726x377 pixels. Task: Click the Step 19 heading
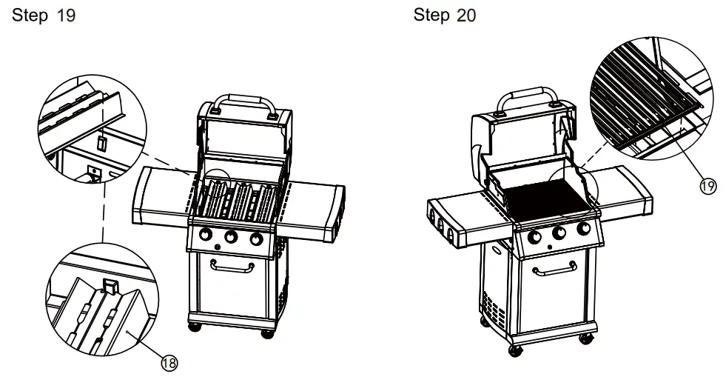[44, 16]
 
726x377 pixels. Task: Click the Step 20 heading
[444, 16]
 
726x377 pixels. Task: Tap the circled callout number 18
[169, 363]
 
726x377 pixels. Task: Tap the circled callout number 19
[707, 186]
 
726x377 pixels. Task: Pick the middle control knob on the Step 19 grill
[230, 238]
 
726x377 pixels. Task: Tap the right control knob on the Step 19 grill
[256, 239]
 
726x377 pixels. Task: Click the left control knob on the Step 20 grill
[533, 237]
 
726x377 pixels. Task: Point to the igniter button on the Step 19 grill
[218, 245]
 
